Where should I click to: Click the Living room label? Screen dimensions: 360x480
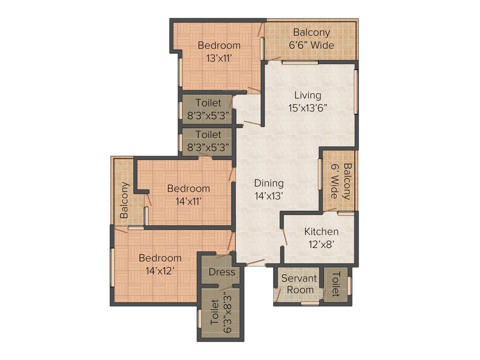click(307, 95)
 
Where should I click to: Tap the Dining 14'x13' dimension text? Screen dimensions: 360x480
click(269, 196)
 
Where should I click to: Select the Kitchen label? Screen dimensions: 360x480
click(321, 232)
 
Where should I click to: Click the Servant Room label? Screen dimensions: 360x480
click(299, 284)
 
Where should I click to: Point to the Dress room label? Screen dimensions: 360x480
click(222, 272)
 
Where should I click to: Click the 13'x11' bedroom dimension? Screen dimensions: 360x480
click(219, 58)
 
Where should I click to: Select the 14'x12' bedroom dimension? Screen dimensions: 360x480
click(160, 271)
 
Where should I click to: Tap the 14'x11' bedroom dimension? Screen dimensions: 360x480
click(188, 201)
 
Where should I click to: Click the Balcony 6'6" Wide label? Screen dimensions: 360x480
click(311, 39)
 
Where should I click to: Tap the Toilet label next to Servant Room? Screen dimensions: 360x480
click(336, 284)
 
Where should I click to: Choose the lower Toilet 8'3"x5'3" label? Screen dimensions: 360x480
click(208, 141)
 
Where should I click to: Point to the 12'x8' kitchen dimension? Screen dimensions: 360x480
click(321, 244)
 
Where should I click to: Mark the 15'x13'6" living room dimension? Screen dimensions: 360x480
click(307, 108)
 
